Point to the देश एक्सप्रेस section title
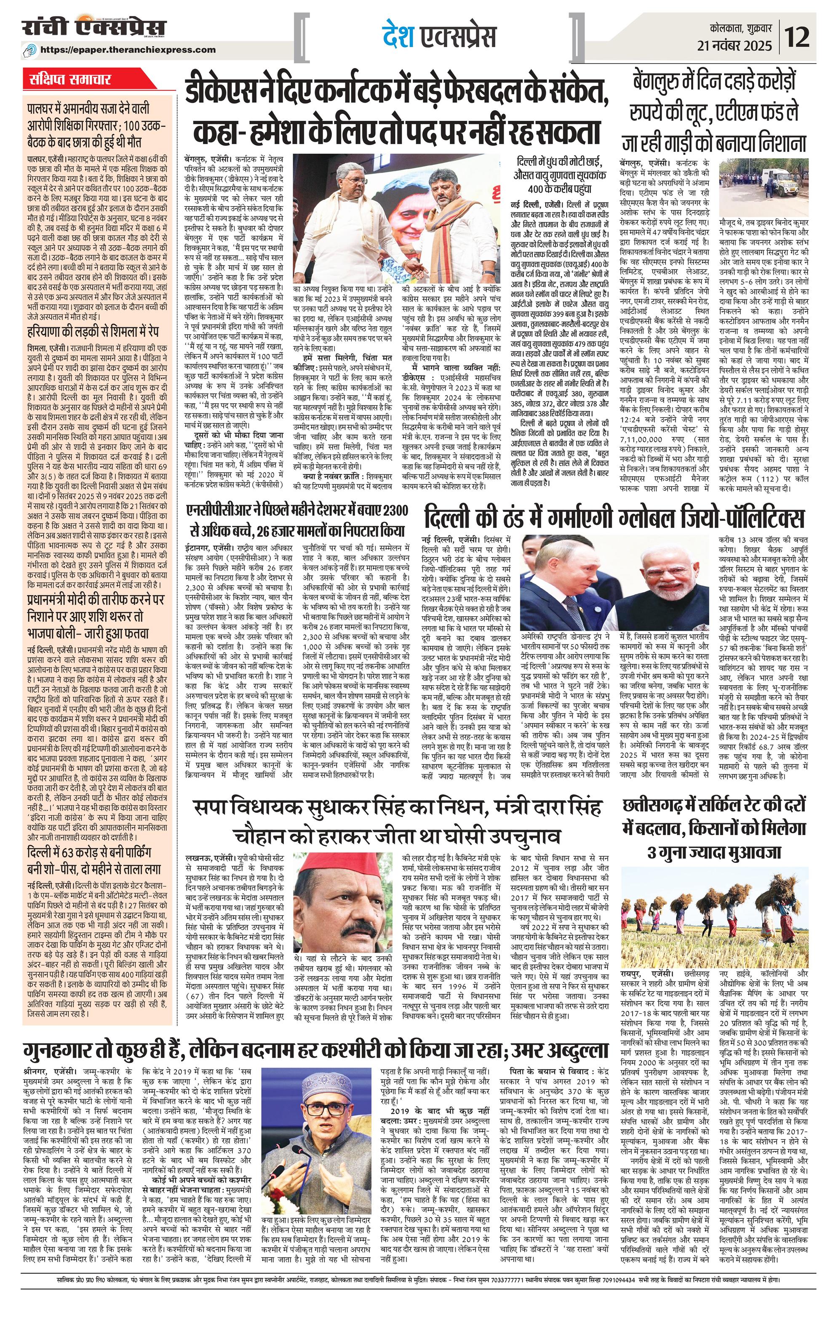[x=439, y=37]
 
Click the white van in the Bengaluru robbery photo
[x=772, y=178]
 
